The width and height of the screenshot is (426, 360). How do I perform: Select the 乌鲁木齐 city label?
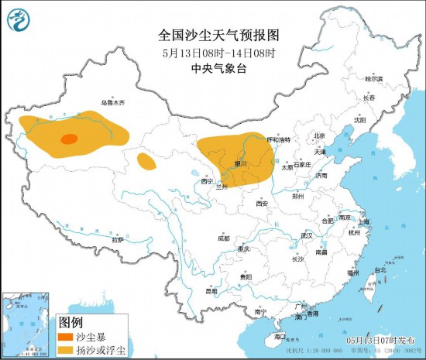[x=112, y=102]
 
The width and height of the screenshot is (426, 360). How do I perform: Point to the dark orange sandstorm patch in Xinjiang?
[x=69, y=139]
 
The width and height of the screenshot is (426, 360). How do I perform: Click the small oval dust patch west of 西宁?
[x=145, y=161]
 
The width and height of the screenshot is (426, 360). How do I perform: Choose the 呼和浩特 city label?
[x=278, y=140]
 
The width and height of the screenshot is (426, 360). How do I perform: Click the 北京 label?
[x=318, y=135]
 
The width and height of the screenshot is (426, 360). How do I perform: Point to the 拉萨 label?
[x=117, y=240]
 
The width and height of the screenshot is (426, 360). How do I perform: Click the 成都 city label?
[x=224, y=238]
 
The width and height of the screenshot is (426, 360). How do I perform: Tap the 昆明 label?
[x=211, y=291]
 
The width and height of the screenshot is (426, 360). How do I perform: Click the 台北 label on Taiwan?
[x=380, y=270]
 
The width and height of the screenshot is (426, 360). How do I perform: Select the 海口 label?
[x=280, y=338]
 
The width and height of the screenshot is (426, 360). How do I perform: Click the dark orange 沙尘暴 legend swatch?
[x=64, y=337]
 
